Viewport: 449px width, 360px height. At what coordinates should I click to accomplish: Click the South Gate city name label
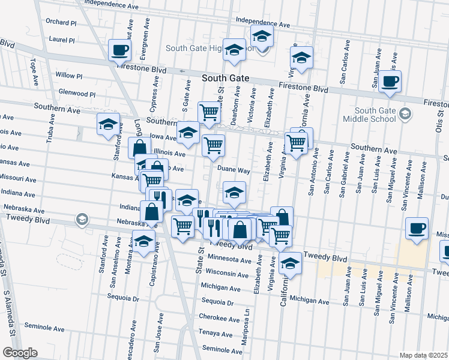point(224,78)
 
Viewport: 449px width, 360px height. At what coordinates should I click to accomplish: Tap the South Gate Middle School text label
point(376,114)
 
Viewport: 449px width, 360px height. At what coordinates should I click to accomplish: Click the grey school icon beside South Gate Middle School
point(406,113)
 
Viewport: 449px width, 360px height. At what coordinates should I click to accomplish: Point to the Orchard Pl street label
point(61,23)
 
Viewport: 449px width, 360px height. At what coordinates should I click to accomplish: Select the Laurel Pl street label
point(62,40)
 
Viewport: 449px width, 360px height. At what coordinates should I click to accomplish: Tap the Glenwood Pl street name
point(77,94)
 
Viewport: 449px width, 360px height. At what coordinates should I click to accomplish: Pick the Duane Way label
point(234,170)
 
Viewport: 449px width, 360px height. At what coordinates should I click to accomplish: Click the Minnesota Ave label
point(229,260)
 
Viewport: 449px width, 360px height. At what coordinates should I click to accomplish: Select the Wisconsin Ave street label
point(227,274)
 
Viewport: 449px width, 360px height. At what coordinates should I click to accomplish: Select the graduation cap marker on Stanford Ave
point(108,124)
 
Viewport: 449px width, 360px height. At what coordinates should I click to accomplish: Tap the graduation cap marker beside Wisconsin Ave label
point(290,263)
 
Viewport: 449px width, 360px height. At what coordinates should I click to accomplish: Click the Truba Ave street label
point(50,128)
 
